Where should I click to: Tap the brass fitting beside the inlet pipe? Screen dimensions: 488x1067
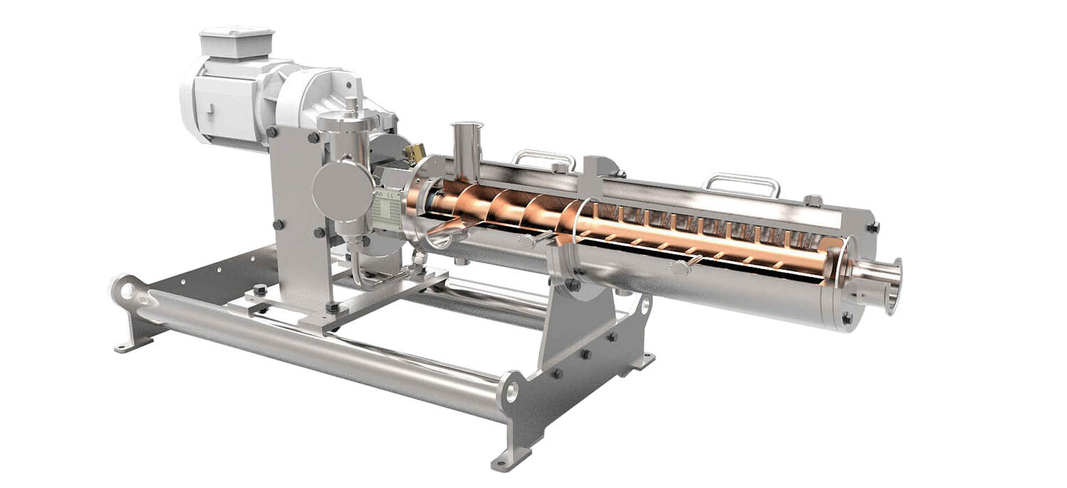(413, 151)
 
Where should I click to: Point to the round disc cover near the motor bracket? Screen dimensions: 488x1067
(342, 190)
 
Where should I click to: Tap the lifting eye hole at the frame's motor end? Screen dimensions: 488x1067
(127, 290)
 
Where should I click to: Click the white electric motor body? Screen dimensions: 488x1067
(228, 100)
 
